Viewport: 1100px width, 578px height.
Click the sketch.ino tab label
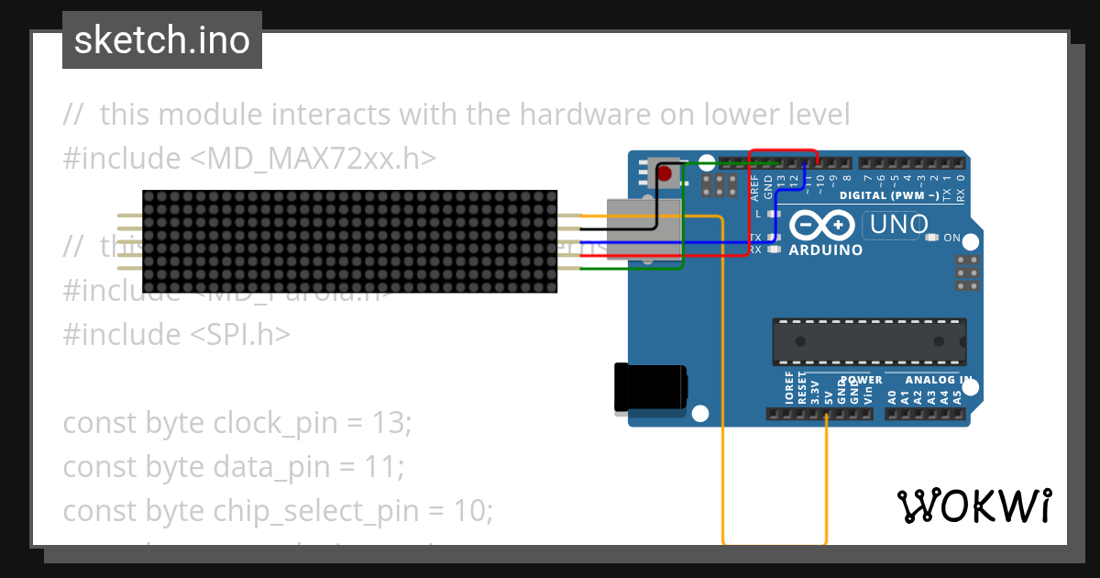click(162, 40)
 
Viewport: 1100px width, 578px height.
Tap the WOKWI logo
click(973, 506)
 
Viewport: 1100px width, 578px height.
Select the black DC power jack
click(650, 386)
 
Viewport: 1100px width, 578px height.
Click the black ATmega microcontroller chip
click(868, 341)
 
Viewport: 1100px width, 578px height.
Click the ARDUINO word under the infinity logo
click(825, 250)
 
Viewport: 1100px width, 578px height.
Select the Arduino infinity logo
click(822, 226)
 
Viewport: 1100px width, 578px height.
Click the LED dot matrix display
click(349, 242)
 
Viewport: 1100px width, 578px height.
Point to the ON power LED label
click(951, 239)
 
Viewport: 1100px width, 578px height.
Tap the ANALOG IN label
click(938, 380)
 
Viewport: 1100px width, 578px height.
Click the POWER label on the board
click(861, 380)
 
